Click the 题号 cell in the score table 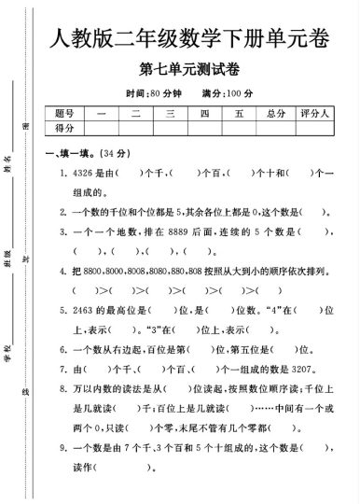64,114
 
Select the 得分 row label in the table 64,128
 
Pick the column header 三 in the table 170,114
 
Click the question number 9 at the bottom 65,448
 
